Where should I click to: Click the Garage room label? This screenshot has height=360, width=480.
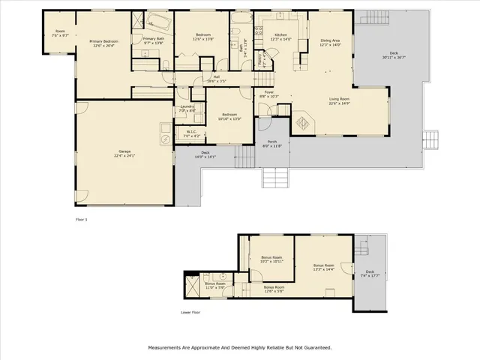[123, 154]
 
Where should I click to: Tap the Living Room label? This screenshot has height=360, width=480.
[344, 100]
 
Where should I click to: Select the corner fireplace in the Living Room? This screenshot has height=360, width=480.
[304, 121]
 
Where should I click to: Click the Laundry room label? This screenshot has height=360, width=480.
[187, 109]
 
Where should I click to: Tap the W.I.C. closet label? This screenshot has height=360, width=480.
[192, 133]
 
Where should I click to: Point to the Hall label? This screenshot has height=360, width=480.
[215, 77]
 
